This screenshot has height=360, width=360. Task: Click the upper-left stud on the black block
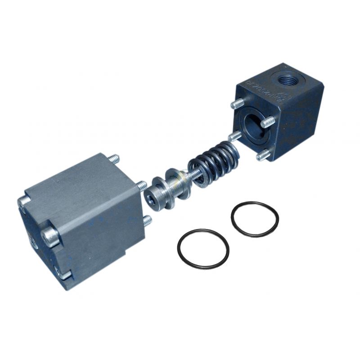pos(237,104)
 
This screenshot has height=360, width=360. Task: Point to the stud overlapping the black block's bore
pos(268,121)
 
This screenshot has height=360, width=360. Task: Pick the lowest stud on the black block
pos(263,155)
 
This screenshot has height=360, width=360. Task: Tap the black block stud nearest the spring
pos(234,136)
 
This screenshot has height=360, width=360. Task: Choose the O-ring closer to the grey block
pos(203,249)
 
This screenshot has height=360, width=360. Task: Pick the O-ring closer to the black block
pos(255,219)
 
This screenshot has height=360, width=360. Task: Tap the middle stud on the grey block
pos(140,185)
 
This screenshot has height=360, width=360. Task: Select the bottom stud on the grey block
pos(147,221)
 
